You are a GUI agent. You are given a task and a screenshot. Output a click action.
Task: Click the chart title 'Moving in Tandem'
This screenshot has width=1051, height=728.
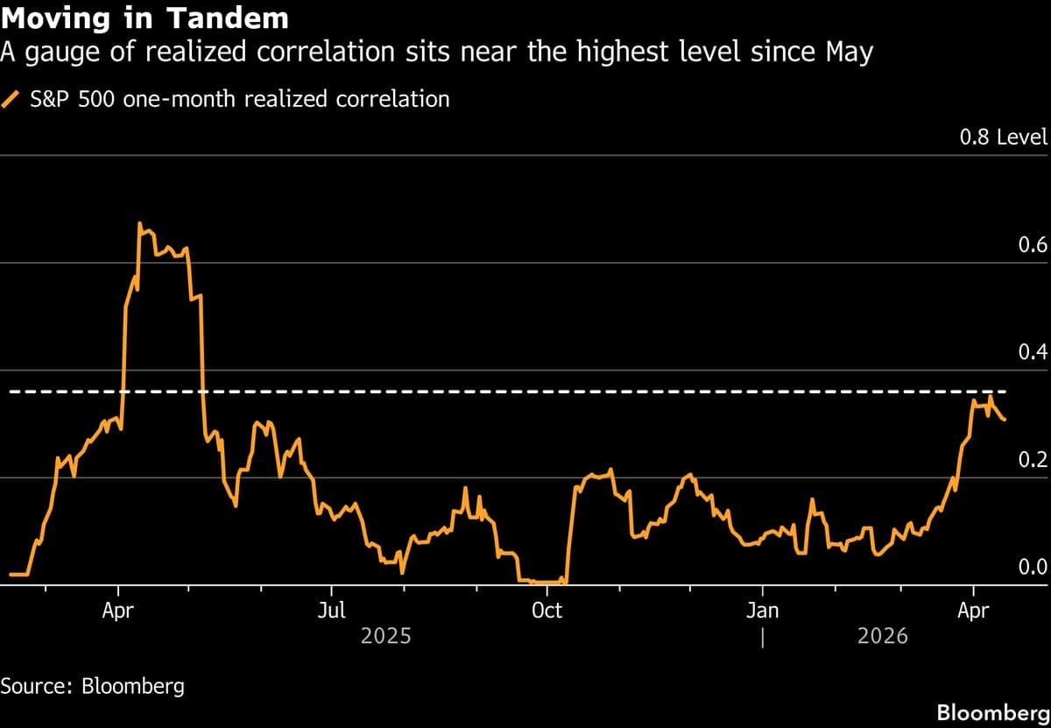tap(145, 18)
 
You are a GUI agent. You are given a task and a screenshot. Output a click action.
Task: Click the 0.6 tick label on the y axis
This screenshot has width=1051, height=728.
tap(1033, 244)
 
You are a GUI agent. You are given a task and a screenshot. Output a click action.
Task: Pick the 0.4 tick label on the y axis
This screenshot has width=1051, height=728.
tap(1033, 352)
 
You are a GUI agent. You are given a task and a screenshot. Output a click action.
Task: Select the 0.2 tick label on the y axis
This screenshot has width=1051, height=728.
tap(1033, 460)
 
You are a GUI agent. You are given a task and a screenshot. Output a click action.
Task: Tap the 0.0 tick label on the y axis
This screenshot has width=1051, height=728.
tap(1033, 568)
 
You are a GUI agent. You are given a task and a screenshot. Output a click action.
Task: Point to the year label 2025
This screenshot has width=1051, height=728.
tap(385, 637)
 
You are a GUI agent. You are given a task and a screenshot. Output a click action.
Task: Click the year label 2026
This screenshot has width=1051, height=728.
tap(882, 637)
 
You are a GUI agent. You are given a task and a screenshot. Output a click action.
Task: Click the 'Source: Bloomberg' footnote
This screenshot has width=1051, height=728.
tap(92, 685)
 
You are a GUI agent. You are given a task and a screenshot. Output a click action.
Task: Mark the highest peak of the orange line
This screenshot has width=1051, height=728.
tap(139, 223)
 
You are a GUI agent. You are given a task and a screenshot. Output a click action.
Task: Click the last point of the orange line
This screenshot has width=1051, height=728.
tap(1005, 421)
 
